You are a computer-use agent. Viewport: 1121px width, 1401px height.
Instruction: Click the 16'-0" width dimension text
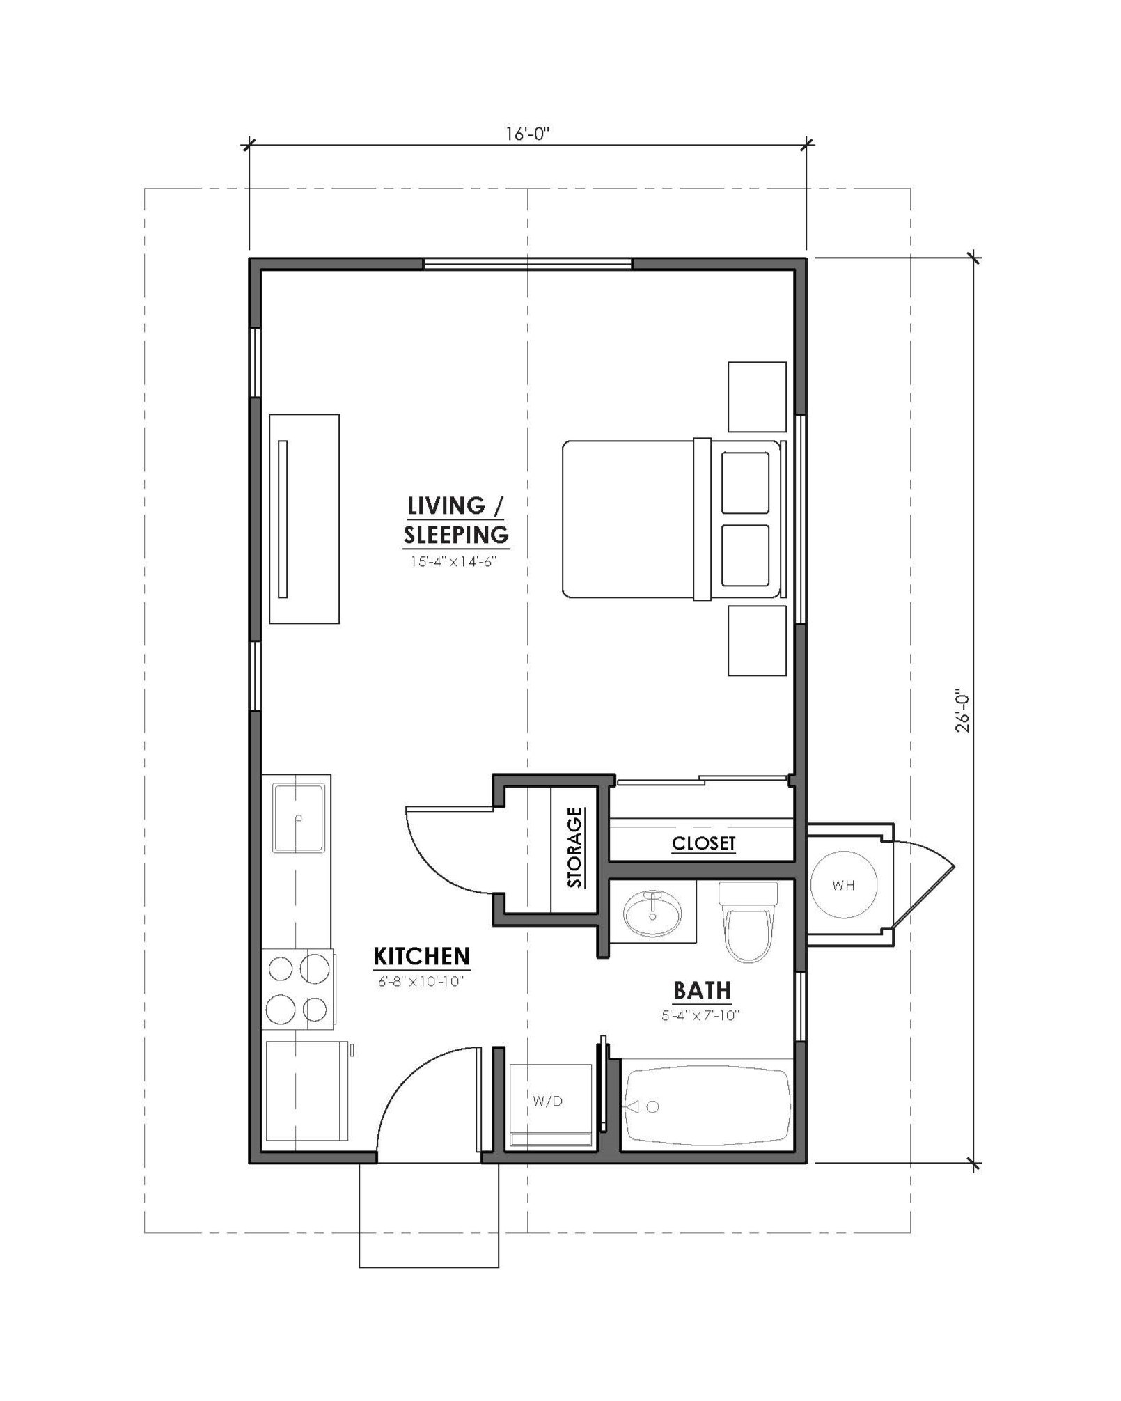[x=527, y=134]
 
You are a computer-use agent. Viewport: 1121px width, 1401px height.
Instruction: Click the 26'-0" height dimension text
[x=962, y=711]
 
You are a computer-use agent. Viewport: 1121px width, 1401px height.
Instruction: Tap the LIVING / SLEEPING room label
[x=456, y=520]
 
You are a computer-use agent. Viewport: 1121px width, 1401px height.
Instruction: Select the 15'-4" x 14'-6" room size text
[x=453, y=561]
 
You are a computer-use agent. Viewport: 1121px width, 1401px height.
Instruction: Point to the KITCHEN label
[x=421, y=956]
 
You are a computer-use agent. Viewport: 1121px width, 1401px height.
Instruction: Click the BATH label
[x=702, y=990]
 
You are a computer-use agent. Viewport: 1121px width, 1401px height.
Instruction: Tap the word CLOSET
[x=703, y=843]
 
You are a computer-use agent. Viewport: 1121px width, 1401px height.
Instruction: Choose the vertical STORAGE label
[x=574, y=847]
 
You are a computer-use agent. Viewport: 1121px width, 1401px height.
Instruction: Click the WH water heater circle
[x=843, y=885]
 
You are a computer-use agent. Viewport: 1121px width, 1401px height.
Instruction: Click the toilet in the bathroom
[x=748, y=921]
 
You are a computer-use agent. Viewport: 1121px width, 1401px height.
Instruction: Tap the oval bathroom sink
[x=652, y=913]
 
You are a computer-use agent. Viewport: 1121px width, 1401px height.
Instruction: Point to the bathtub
[x=707, y=1106]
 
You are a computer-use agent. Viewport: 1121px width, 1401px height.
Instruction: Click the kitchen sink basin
[x=299, y=818]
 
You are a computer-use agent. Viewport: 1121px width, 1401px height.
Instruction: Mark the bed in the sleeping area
[x=674, y=519]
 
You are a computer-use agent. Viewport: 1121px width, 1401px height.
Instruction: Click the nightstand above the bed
[x=757, y=397]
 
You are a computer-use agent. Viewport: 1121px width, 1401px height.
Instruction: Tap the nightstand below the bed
[x=757, y=641]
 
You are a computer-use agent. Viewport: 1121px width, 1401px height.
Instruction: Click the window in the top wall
[x=527, y=264]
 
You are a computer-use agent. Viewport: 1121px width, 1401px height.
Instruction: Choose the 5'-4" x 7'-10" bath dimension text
[x=700, y=1015]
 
